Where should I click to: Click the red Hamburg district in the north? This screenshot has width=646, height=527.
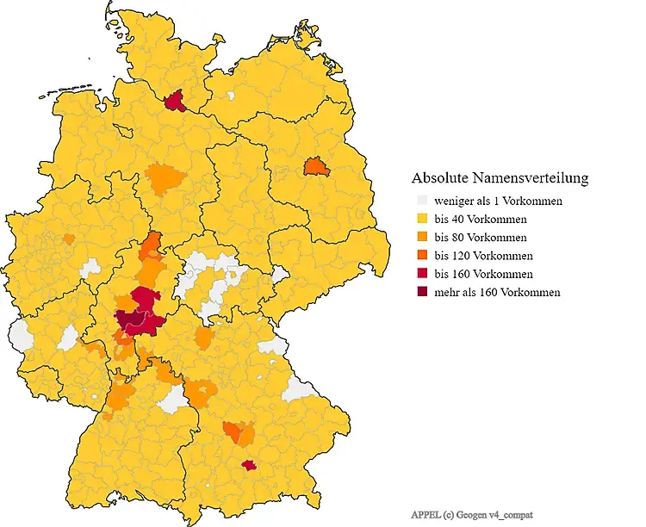pos(176,102)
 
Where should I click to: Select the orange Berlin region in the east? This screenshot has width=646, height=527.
pos(317,166)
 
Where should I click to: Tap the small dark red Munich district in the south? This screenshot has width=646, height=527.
pos(250,465)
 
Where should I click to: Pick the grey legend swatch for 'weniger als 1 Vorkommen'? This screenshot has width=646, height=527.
pos(421,201)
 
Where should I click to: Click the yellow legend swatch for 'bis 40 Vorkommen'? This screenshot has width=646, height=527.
pos(421,220)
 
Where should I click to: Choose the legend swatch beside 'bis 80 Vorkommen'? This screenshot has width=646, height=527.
pos(421,238)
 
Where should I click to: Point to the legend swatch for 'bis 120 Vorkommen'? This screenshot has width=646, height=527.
pos(421,256)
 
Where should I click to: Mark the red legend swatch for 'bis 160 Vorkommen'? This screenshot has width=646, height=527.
pos(421,274)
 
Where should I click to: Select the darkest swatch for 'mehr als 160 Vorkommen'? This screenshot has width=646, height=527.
pos(421,292)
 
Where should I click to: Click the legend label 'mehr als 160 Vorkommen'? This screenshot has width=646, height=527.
pos(497,293)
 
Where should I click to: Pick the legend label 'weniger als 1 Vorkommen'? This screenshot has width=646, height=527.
pos(499,201)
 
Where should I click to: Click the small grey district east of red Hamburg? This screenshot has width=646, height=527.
pos(231,96)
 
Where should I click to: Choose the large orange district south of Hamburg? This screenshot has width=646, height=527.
pos(165,179)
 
